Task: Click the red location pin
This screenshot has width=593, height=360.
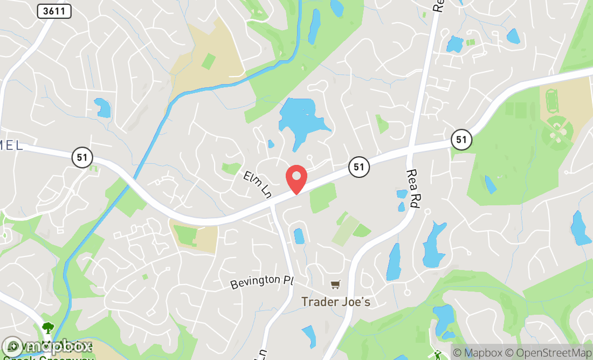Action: tap(296, 179)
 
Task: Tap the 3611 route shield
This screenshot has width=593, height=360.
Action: tap(54, 11)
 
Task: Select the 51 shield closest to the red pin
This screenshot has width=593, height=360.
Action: tap(358, 167)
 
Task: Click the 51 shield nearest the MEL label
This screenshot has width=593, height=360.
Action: tap(82, 158)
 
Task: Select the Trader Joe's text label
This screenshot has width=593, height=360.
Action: tap(336, 302)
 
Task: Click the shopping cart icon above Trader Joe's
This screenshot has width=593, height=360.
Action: tap(336, 284)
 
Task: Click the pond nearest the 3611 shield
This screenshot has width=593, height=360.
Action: tap(102, 107)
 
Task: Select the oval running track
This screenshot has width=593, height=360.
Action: tap(552, 100)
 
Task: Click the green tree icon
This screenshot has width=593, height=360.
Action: tap(47, 328)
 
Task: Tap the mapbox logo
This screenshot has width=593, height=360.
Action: tap(47, 345)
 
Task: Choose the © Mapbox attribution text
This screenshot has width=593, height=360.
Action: tap(477, 353)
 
